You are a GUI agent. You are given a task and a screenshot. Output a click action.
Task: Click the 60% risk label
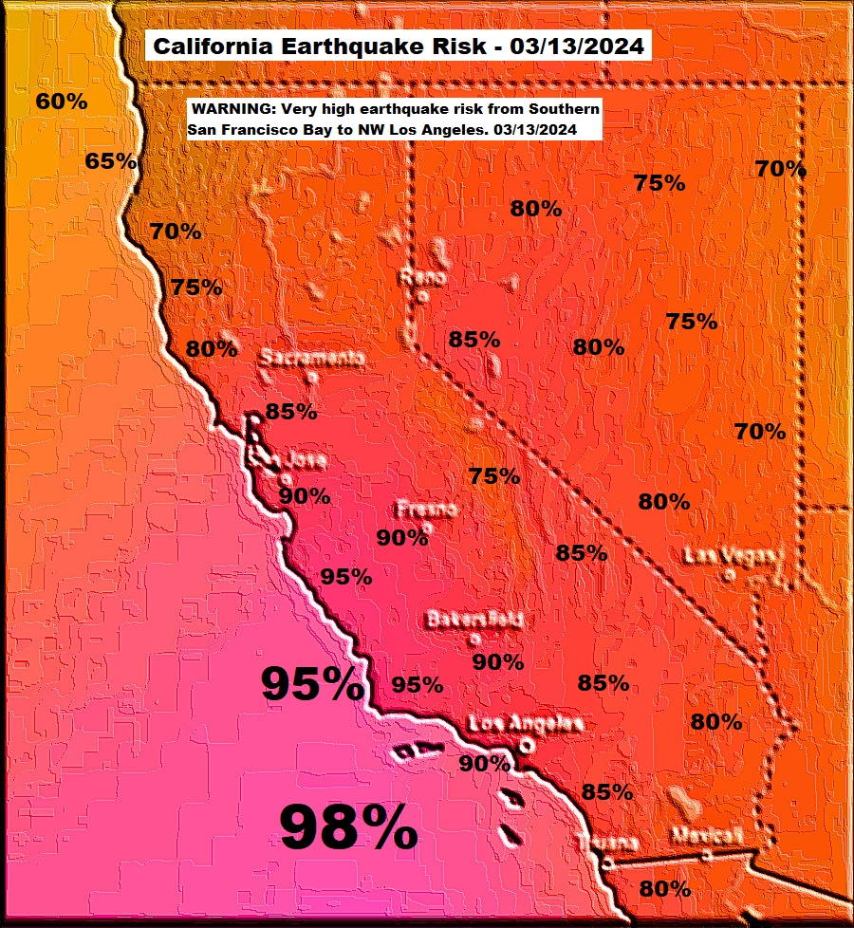click(x=62, y=102)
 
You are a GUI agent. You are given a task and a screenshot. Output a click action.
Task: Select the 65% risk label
click(x=110, y=161)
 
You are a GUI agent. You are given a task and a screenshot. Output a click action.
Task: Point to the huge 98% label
click(x=348, y=827)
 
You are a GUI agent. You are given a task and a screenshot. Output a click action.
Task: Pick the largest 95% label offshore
click(x=311, y=683)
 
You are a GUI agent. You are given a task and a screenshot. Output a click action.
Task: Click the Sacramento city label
click(x=312, y=358)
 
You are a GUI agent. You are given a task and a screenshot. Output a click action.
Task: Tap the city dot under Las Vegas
click(x=728, y=574)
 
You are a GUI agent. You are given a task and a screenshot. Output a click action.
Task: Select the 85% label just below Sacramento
click(x=290, y=412)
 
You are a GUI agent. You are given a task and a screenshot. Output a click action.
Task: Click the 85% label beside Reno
click(x=474, y=339)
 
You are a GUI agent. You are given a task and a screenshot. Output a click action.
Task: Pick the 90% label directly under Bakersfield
click(x=497, y=661)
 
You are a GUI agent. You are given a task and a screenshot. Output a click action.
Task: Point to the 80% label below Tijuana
click(x=664, y=889)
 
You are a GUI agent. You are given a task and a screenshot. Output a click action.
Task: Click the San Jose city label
click(x=288, y=461)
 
